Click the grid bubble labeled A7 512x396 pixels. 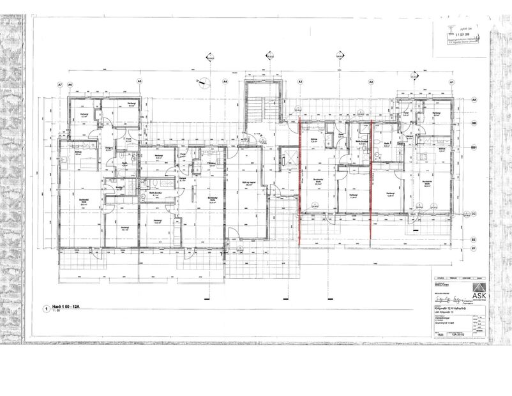(60, 84)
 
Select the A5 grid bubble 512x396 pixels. (139, 82)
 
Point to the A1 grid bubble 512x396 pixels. (451, 83)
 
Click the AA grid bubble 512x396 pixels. (474, 101)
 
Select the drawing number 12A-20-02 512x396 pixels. (456, 333)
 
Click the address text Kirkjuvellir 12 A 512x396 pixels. (441, 308)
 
